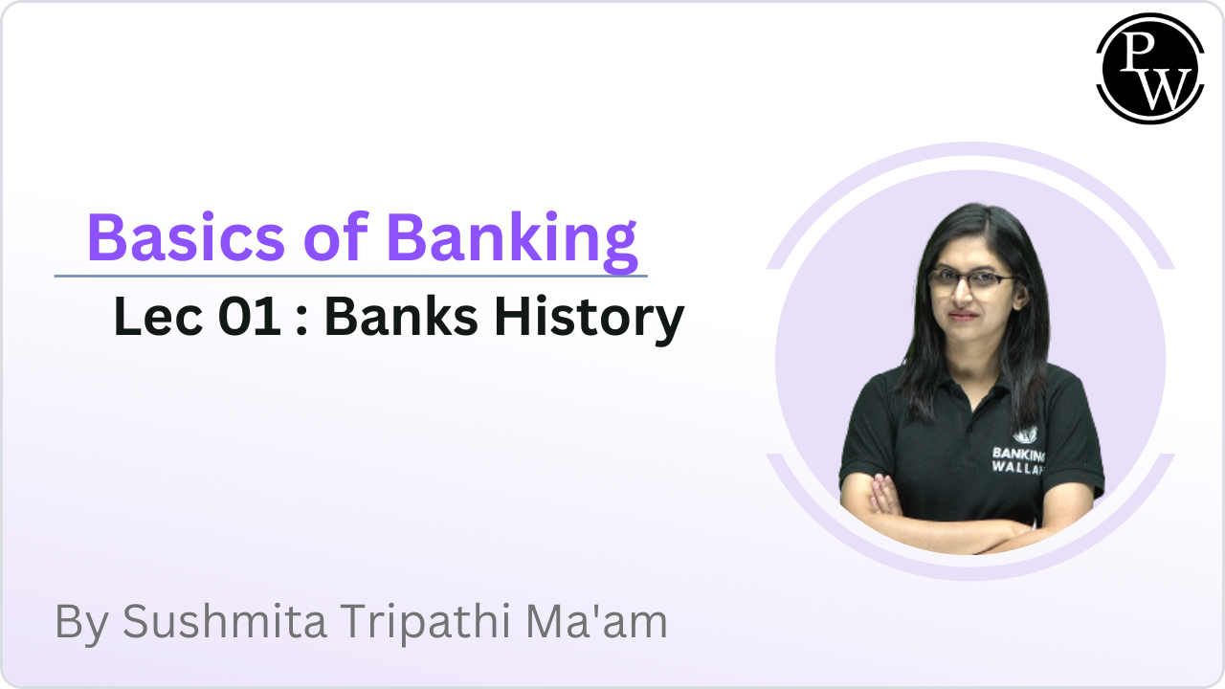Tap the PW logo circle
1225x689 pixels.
tap(1149, 68)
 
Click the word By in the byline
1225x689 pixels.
tap(79, 622)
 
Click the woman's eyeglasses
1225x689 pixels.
tap(970, 280)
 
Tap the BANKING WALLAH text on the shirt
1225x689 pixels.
tap(1018, 459)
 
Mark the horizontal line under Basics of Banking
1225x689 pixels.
tap(350, 276)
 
